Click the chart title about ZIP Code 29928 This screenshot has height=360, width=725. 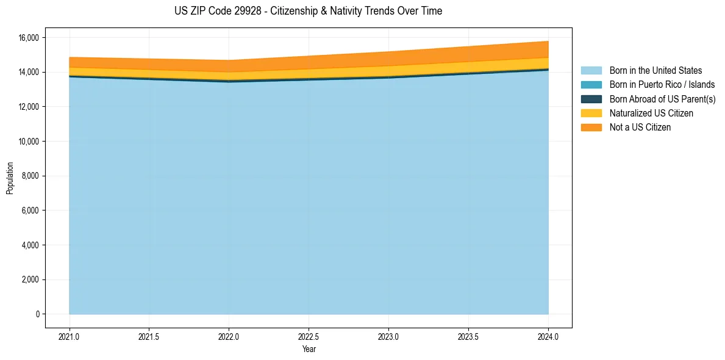pyautogui.click(x=308, y=11)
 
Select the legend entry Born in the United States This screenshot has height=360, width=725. pyautogui.click(x=655, y=71)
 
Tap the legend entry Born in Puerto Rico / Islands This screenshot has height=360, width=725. pyautogui.click(x=662, y=85)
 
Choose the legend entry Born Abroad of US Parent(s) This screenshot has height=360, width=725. pyautogui.click(x=662, y=99)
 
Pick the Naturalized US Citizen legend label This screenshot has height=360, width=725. pyautogui.click(x=651, y=113)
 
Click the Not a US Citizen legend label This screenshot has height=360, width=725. pyautogui.click(x=640, y=128)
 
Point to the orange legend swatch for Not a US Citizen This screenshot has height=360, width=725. pyautogui.click(x=591, y=128)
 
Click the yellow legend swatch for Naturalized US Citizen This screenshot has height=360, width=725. pyautogui.click(x=591, y=113)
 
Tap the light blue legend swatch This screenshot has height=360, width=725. pyautogui.click(x=591, y=71)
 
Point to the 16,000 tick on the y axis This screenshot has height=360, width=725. pyautogui.click(x=28, y=38)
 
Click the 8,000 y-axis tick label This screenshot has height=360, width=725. pyautogui.click(x=30, y=176)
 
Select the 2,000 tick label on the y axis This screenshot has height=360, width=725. pyautogui.click(x=30, y=280)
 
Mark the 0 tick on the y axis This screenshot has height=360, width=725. pyautogui.click(x=37, y=314)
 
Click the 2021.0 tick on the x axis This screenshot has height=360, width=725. pyautogui.click(x=70, y=336)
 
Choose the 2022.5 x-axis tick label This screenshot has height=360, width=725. pyautogui.click(x=309, y=336)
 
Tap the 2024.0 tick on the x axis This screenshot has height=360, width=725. pyautogui.click(x=548, y=336)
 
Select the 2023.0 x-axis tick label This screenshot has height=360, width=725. pyautogui.click(x=388, y=336)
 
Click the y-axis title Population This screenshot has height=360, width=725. pyautogui.click(x=10, y=178)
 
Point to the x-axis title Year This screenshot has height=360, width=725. pyautogui.click(x=309, y=349)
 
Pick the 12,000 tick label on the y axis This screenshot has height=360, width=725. pyautogui.click(x=28, y=107)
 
